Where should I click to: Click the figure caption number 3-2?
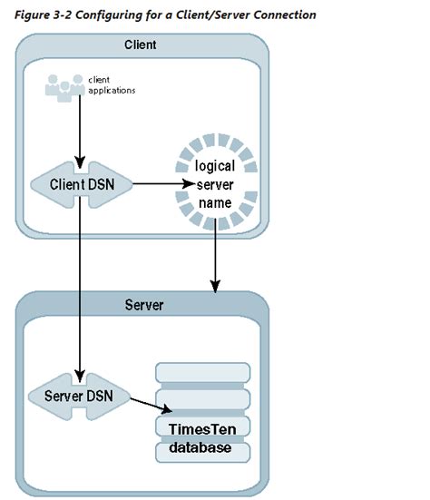point(64,15)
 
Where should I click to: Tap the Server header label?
point(142,304)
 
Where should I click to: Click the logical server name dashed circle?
point(214,185)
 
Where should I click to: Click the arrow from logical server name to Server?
point(214,258)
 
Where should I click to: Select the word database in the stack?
point(202,449)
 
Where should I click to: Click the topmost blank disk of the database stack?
point(202,373)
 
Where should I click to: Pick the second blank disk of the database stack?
point(202,399)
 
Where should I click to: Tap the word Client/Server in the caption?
point(208,15)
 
